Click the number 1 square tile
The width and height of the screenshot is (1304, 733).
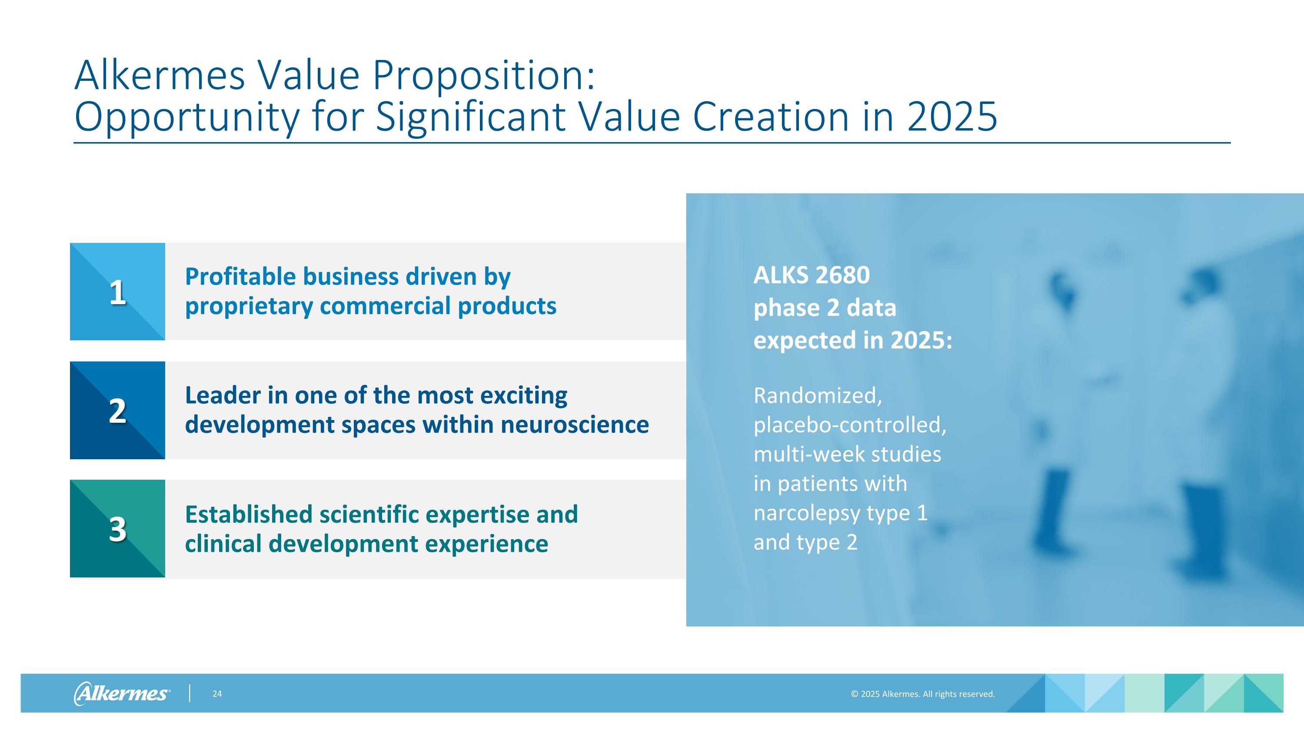coord(117,292)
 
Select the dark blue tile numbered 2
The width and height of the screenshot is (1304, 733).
coord(117,410)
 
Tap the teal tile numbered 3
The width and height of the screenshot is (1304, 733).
coord(117,529)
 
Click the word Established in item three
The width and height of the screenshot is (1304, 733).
coord(249,514)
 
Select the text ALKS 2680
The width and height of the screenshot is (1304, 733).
coord(812,275)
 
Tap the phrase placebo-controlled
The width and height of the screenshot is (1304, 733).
coord(849,425)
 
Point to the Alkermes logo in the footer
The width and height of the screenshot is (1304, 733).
coord(122,693)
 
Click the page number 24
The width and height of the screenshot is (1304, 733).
coord(216,694)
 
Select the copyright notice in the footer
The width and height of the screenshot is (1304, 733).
coord(923,694)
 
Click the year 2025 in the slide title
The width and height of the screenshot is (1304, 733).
coord(951,117)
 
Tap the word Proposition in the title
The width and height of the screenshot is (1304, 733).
coord(483,75)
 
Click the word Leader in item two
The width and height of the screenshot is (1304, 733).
coord(222,395)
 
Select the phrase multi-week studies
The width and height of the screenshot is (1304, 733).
coord(847,454)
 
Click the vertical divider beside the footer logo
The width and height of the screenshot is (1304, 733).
coord(190,693)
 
